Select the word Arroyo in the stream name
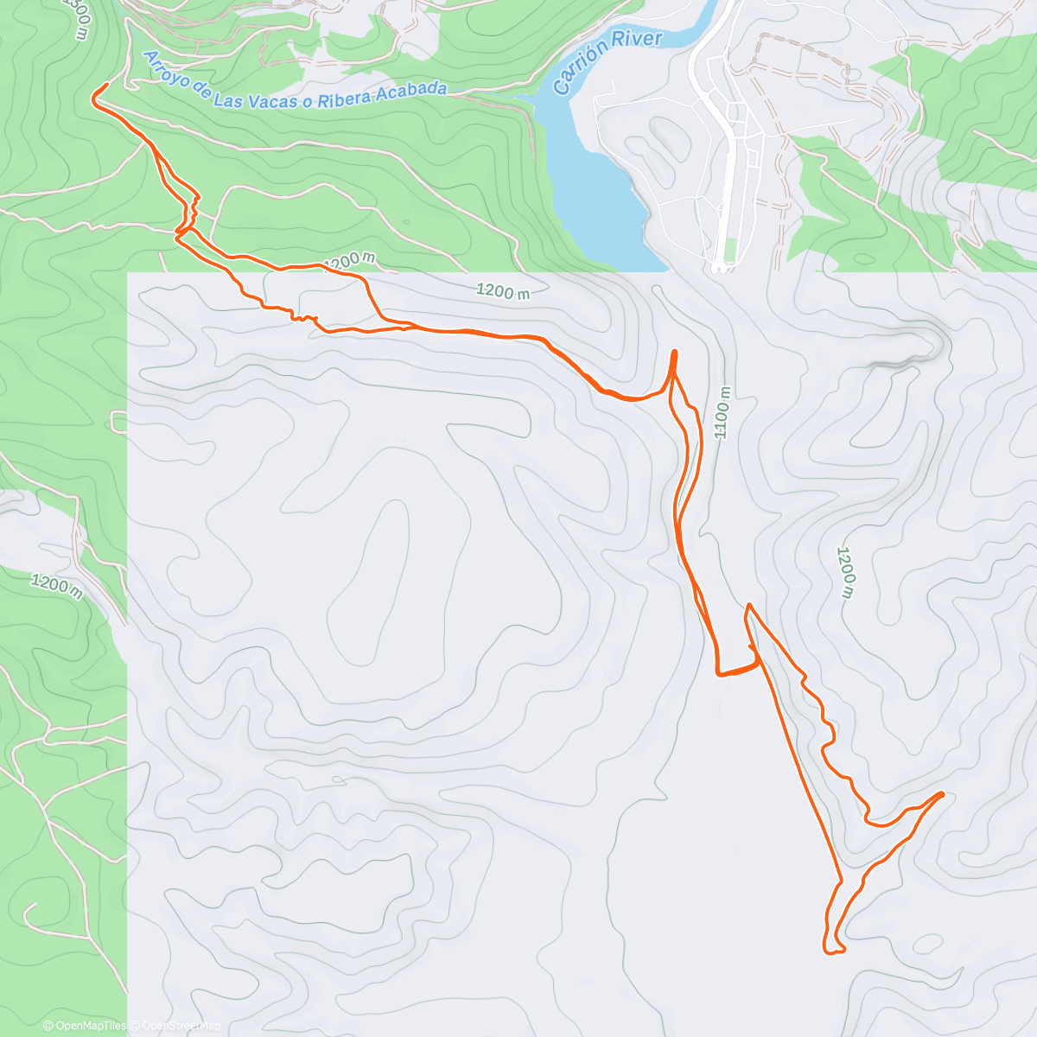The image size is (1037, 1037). tap(166, 70)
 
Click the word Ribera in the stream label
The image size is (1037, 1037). tap(345, 99)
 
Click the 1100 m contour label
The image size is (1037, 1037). tap(723, 411)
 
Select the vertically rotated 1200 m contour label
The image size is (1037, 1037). tap(845, 571)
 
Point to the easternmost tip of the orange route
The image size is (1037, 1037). tap(941, 792)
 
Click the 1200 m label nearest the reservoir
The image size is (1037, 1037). tap(504, 291)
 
